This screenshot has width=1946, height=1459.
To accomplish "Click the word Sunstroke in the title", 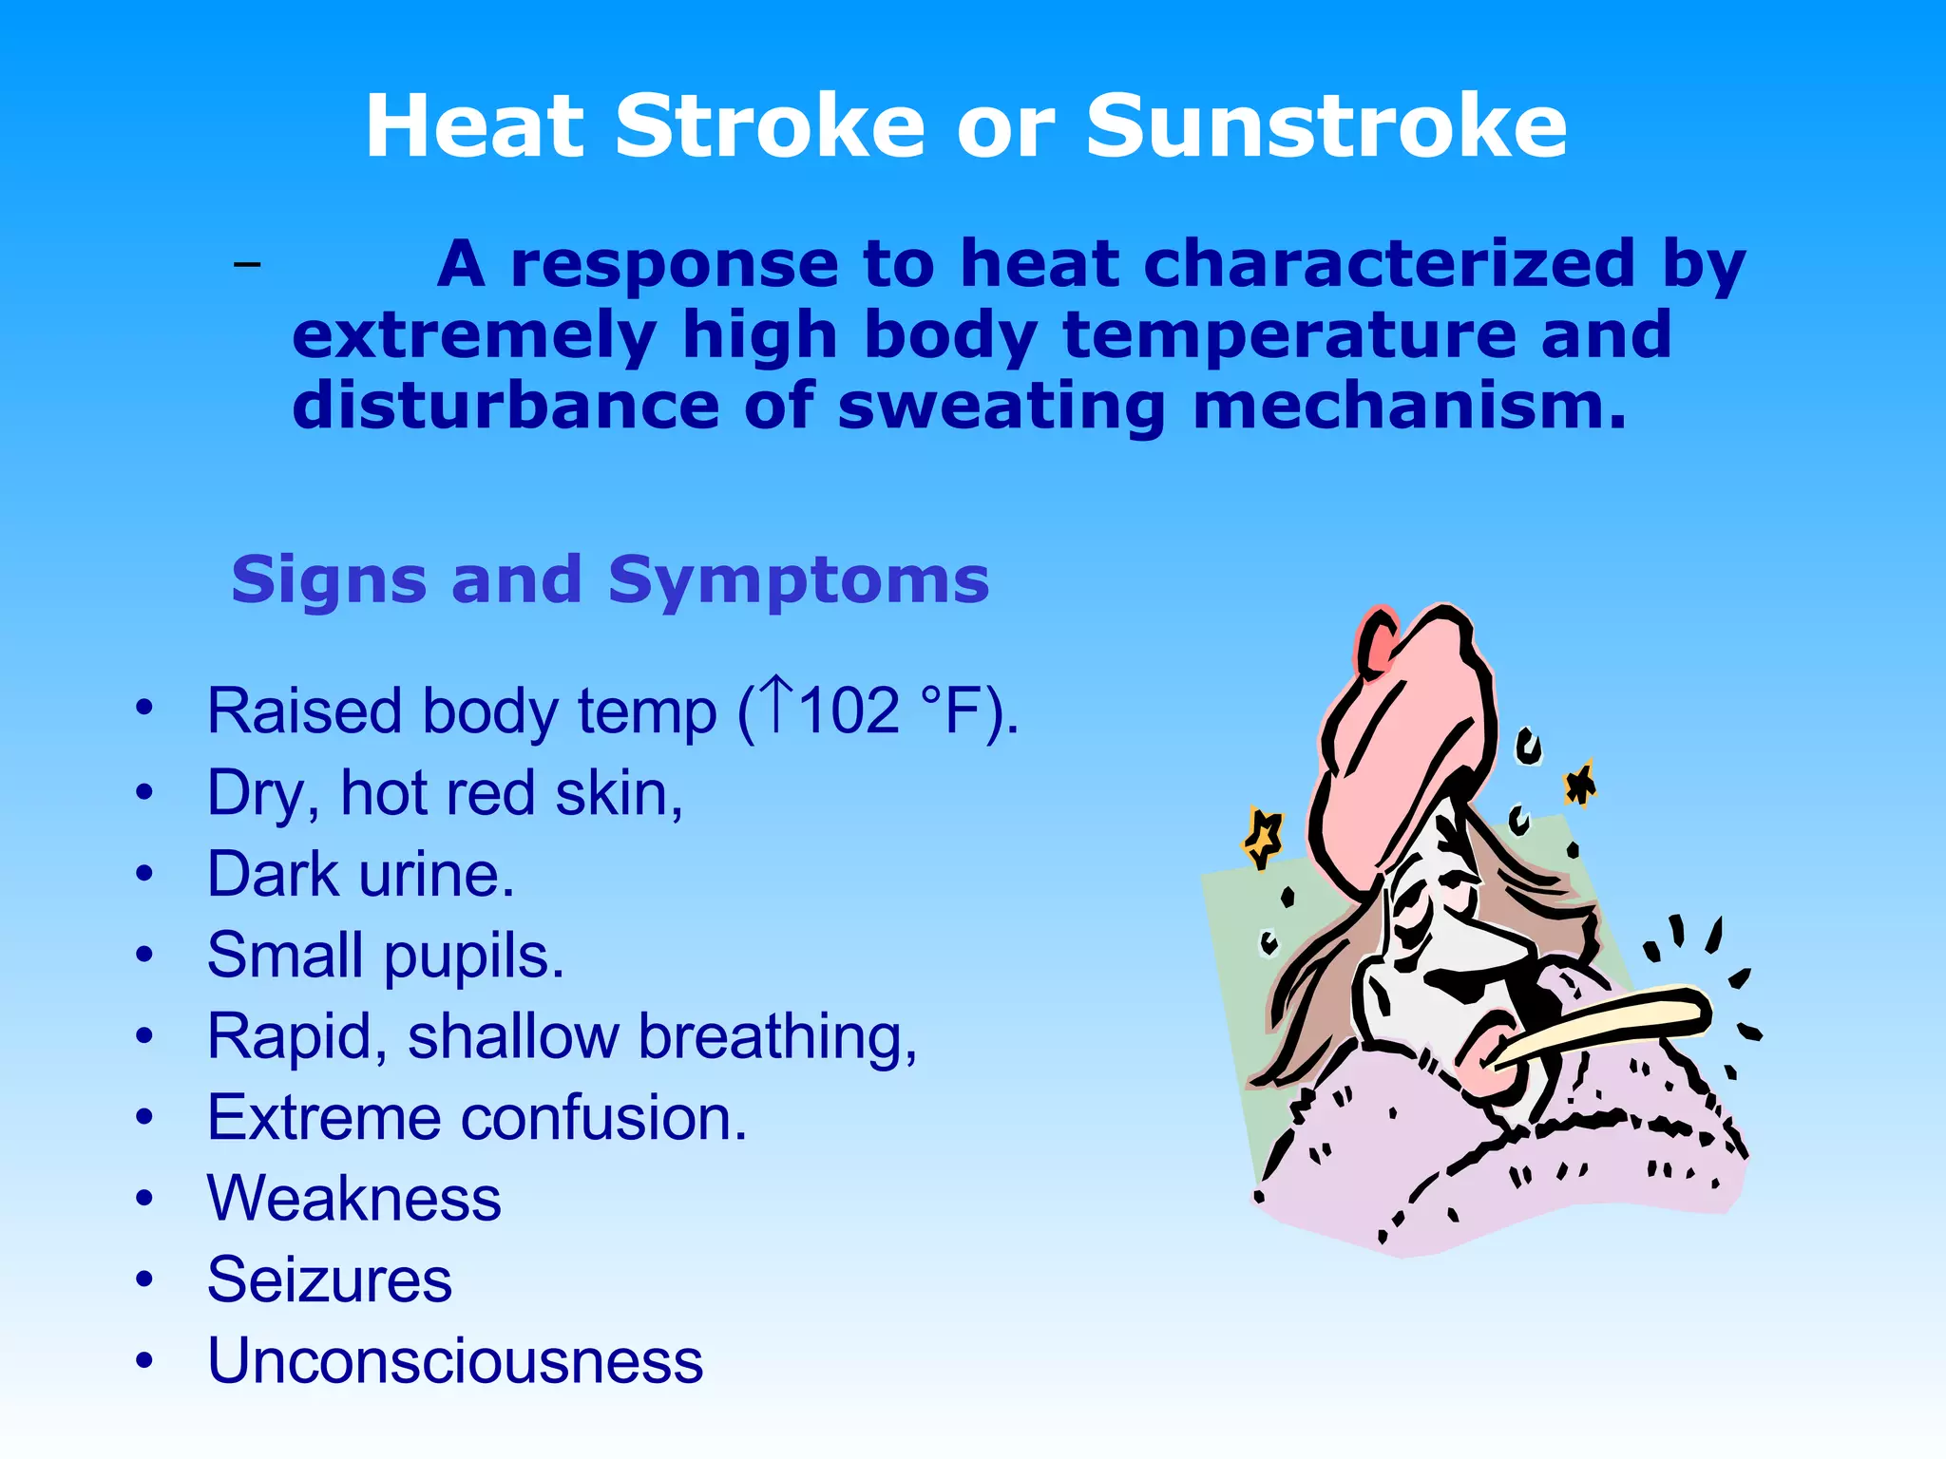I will click(1326, 127).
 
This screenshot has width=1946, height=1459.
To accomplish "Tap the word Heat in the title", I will click(473, 127).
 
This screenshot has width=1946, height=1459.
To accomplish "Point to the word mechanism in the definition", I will click(1409, 407).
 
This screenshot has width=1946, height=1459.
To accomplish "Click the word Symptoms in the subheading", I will click(799, 580).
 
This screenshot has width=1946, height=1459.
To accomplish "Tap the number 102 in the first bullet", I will click(849, 711).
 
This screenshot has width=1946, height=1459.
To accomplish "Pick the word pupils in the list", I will click(474, 957).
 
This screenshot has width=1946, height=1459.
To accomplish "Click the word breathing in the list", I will click(777, 1036).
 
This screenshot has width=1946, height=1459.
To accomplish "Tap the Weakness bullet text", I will click(353, 1199).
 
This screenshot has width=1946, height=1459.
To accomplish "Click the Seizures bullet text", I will click(330, 1280).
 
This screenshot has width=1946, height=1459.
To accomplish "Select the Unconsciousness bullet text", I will click(455, 1361).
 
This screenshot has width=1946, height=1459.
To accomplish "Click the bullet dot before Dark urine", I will click(143, 873).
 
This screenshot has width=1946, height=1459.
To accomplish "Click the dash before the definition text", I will click(247, 263).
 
